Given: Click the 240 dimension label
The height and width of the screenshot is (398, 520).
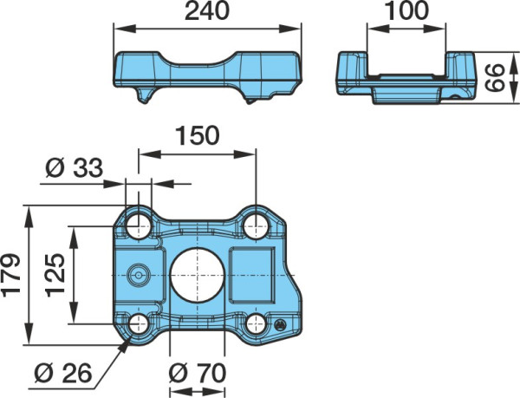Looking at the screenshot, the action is [207, 10].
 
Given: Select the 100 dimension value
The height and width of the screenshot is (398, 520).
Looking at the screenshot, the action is [407, 10].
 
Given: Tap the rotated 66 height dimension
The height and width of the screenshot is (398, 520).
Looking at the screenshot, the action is [495, 78].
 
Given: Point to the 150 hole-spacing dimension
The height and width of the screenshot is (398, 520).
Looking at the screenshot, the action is [198, 135].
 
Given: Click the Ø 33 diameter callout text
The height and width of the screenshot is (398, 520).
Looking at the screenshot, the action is [75, 167].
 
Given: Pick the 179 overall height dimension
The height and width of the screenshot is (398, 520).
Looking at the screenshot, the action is [10, 275].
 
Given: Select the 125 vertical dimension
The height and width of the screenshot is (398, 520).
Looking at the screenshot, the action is [55, 275].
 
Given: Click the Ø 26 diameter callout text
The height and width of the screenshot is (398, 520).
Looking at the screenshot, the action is [62, 373].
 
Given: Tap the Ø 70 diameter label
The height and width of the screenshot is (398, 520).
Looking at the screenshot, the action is [198, 373].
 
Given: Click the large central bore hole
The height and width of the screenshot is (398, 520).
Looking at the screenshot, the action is [197, 275].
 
